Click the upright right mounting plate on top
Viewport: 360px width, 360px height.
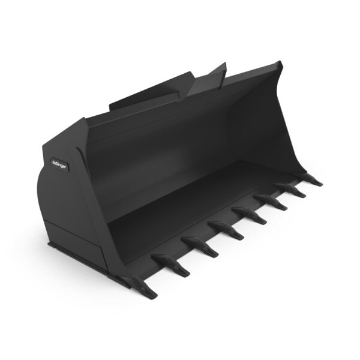pos(207,79)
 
